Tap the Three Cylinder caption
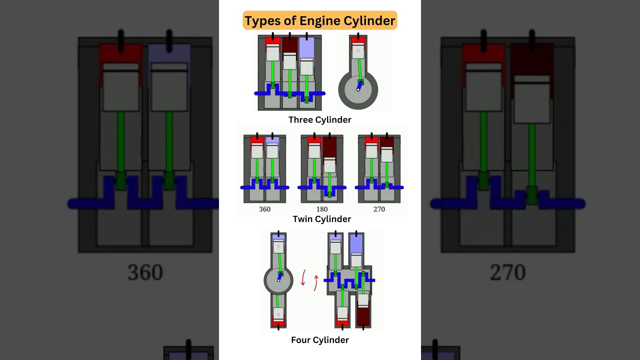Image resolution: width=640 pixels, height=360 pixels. click(x=320, y=120)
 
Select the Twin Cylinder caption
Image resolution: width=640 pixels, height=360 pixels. click(x=322, y=219)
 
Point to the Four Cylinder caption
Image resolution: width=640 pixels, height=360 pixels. click(x=320, y=340)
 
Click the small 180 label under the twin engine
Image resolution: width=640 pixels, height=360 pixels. click(x=322, y=209)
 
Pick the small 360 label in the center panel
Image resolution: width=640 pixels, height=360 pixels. click(x=264, y=209)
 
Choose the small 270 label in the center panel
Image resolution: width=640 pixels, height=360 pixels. click(x=379, y=209)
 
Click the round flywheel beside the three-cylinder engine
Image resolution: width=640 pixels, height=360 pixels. click(x=358, y=90)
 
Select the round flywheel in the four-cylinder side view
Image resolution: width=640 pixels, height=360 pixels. click(x=278, y=280)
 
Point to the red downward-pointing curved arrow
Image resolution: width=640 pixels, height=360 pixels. click(x=303, y=278)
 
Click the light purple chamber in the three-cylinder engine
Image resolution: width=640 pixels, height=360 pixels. click(x=306, y=48)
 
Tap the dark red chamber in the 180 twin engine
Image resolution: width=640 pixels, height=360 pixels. click(x=329, y=147)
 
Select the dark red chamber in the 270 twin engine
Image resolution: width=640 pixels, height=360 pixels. click(x=386, y=142)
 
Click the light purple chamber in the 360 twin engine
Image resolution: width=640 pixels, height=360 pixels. click(x=272, y=140)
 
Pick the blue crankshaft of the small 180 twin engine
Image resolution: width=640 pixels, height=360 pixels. click(x=322, y=188)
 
